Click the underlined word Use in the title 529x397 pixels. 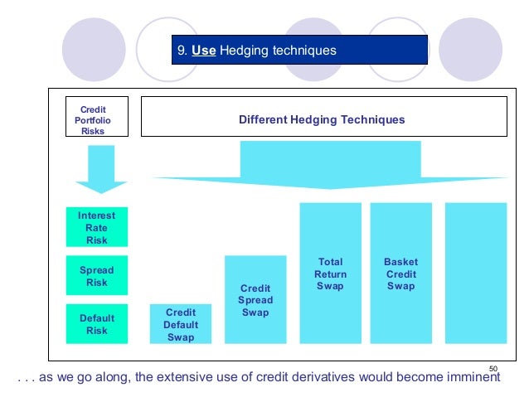pos(203,51)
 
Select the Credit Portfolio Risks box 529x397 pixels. pos(92,119)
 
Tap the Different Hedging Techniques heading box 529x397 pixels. pos(323,119)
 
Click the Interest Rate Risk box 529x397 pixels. pos(97,227)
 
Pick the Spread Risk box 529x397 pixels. pos(97,276)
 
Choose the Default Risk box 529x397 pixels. pos(97,324)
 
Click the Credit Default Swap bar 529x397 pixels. pos(180,324)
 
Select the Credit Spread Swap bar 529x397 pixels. pos(255,299)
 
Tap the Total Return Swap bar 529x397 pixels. pos(330,273)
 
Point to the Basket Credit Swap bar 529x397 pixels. pos(400,273)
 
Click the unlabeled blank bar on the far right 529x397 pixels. pos(476,273)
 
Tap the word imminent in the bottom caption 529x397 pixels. pos(472,379)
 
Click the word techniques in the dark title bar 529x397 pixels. pos(307,51)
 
